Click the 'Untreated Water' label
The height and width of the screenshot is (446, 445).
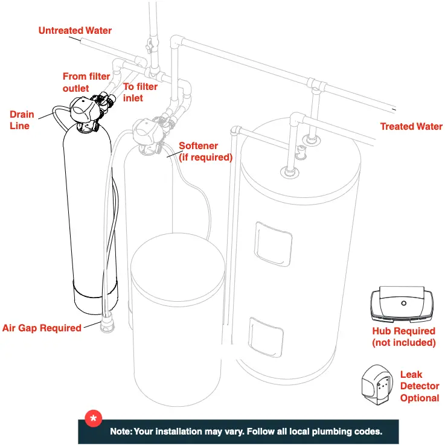(75, 30)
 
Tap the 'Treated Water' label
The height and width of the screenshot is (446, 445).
(411, 126)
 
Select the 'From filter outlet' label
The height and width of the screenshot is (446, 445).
(86, 82)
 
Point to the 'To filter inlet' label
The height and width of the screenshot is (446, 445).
(140, 92)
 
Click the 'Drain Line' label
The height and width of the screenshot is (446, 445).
(22, 119)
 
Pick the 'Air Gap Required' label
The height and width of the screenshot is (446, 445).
(42, 328)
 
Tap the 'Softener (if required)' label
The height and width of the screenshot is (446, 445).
(205, 151)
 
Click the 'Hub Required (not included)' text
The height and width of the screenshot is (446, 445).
(404, 337)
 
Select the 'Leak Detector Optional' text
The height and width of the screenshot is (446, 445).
(420, 386)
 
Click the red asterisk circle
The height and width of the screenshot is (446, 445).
(94, 418)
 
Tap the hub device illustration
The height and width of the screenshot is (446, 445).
(402, 304)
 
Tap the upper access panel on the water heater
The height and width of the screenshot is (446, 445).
(273, 244)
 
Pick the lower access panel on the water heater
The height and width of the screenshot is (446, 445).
(266, 337)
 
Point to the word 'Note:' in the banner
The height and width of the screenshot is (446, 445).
(121, 432)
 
